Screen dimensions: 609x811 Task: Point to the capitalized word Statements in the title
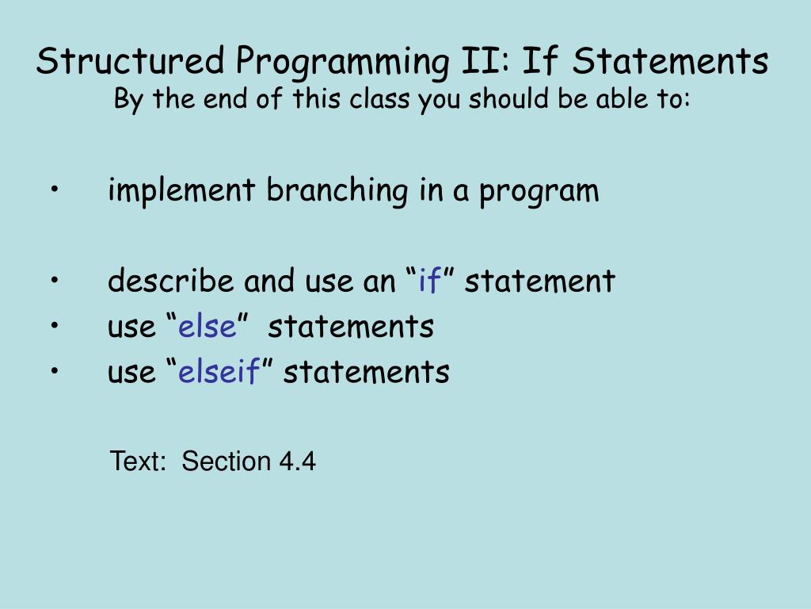(x=670, y=61)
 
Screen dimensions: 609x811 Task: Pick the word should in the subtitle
(x=493, y=100)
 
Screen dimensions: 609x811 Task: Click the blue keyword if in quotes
(x=429, y=281)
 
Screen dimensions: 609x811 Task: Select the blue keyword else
(x=207, y=326)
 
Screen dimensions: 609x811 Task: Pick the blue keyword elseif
(x=219, y=371)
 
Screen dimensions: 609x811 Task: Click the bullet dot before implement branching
(x=56, y=191)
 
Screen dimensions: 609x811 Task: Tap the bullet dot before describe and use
(x=56, y=281)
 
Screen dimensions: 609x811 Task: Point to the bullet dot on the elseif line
(x=56, y=371)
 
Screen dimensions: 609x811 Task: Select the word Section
(x=227, y=462)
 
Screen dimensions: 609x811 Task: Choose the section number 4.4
(x=297, y=462)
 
